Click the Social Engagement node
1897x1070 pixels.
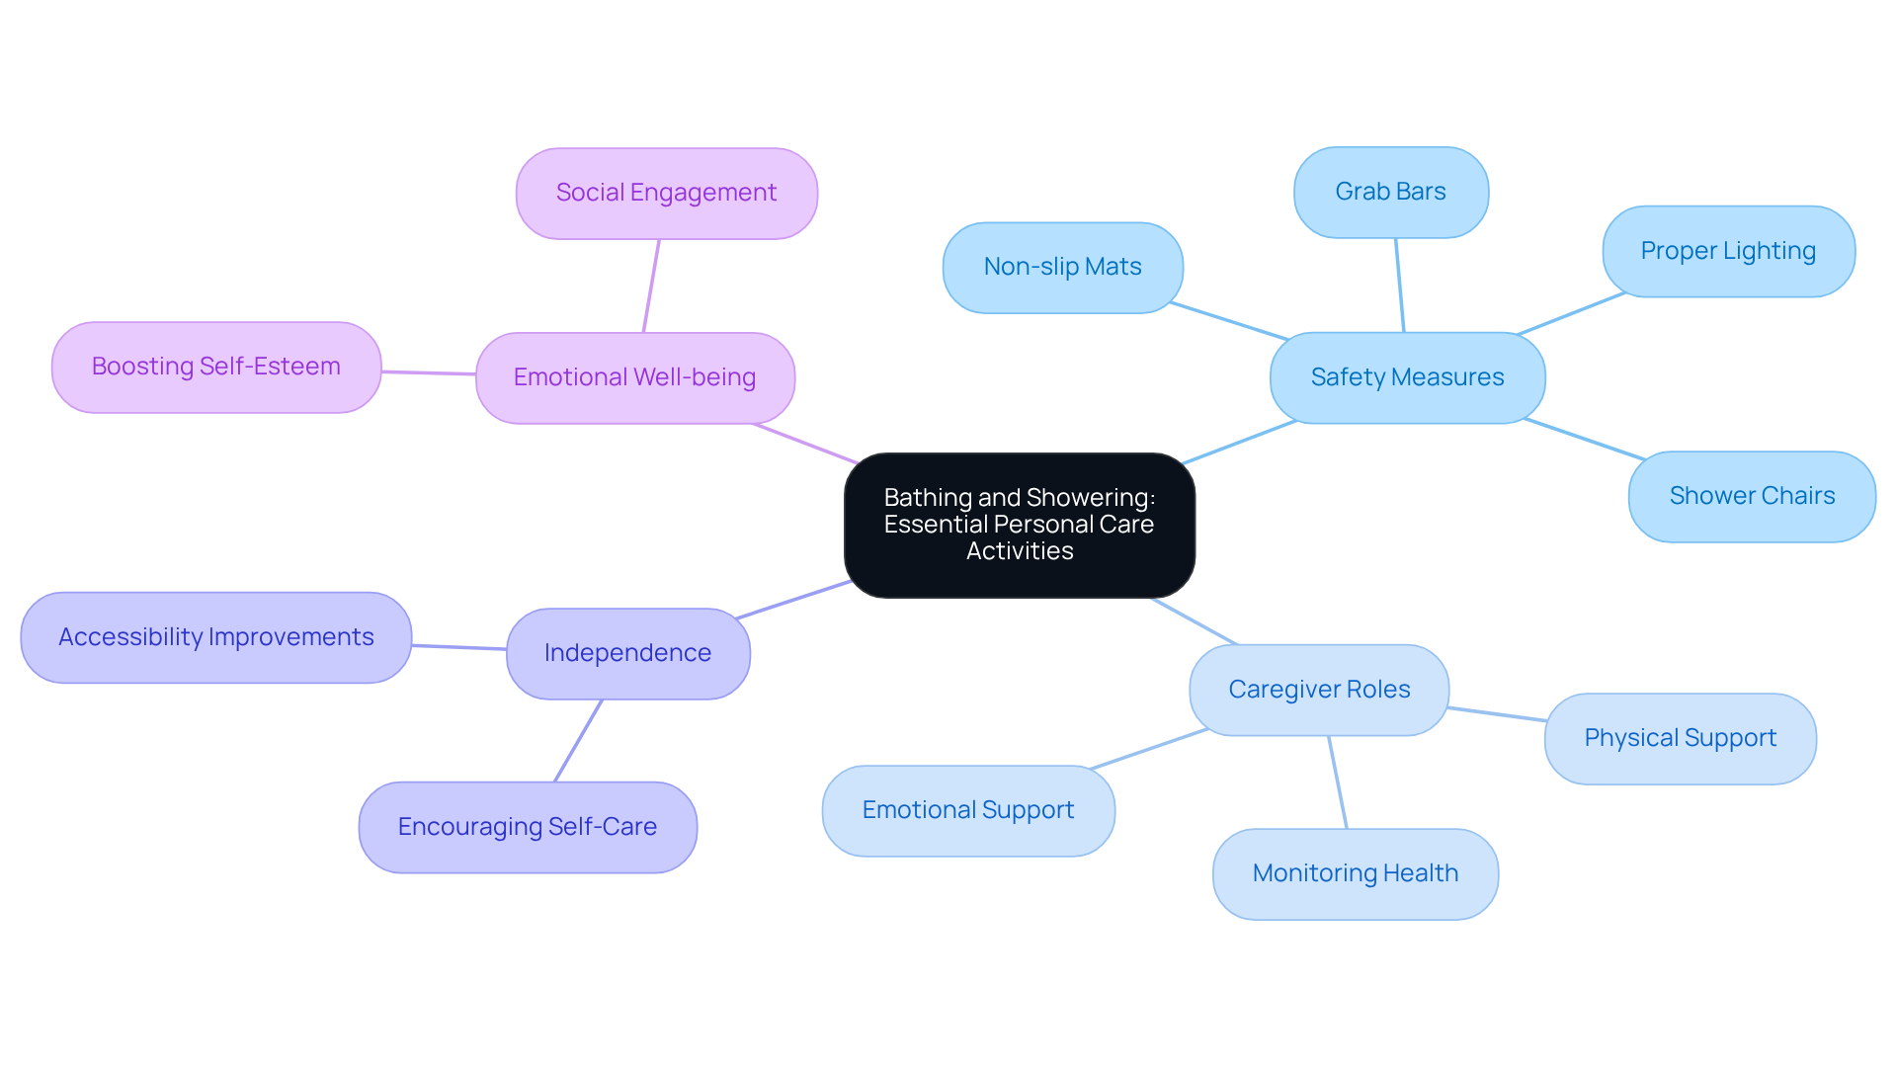[666, 194]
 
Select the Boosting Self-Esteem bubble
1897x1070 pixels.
[215, 368]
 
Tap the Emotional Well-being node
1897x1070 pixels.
[634, 378]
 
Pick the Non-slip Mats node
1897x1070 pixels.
[1062, 268]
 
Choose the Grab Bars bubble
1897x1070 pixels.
[1390, 193]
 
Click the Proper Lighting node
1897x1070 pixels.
[1728, 252]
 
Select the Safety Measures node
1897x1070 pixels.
[1407, 378]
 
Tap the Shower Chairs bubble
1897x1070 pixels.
[1752, 497]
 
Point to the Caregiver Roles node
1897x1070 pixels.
[1319, 691]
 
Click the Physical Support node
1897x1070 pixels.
[1680, 739]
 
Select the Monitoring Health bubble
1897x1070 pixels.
[1355, 874]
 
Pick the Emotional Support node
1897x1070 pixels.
[967, 811]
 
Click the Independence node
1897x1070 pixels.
[627, 654]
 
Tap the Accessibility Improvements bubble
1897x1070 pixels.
[215, 638]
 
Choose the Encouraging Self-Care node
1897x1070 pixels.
[527, 828]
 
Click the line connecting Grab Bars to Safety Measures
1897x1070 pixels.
[1400, 286]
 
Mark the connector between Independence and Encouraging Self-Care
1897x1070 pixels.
[578, 741]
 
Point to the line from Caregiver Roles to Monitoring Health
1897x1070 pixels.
[1338, 782]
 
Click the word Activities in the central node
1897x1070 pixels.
[1019, 551]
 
